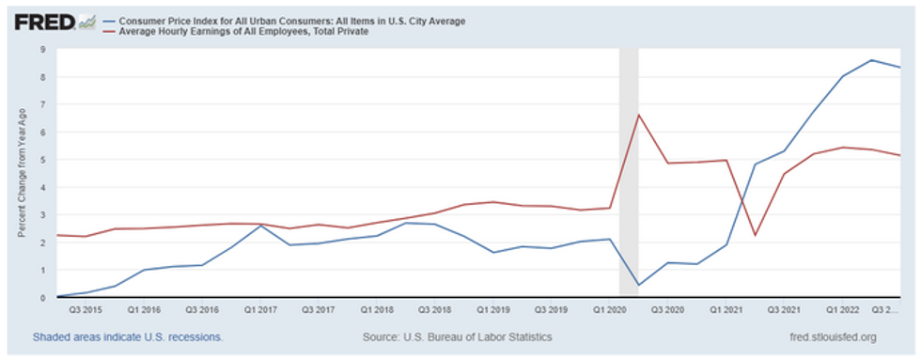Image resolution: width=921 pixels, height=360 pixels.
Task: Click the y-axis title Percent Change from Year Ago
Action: (x=21, y=175)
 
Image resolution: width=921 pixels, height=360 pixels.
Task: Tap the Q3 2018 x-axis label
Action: (x=433, y=308)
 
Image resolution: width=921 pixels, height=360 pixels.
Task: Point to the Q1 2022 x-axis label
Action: (x=842, y=308)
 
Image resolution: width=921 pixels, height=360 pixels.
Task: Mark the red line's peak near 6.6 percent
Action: (x=638, y=115)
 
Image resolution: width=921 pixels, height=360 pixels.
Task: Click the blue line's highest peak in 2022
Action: (x=872, y=60)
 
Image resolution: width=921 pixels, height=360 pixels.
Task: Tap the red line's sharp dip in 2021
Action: (x=756, y=235)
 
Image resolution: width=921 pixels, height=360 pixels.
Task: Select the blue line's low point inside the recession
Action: (x=638, y=285)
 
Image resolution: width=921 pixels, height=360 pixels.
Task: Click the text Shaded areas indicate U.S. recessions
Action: (x=128, y=337)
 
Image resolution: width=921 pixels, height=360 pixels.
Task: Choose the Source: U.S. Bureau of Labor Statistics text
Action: (x=457, y=337)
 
